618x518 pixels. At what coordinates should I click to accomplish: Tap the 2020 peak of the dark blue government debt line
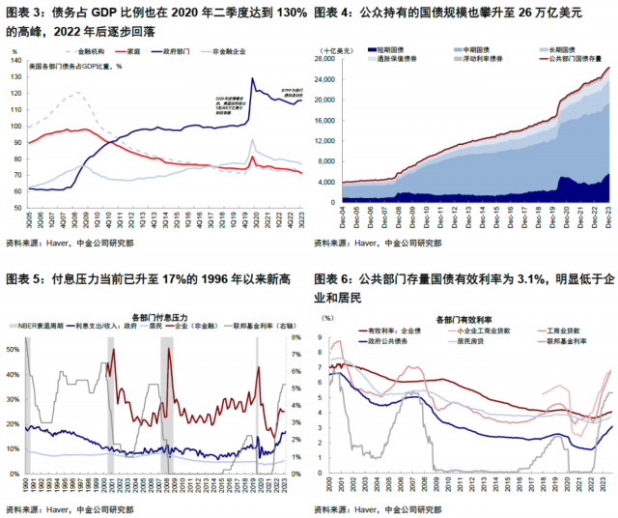[x=252, y=79]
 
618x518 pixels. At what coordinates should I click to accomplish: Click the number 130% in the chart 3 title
[x=289, y=12]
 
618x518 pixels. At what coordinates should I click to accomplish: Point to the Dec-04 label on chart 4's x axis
[x=345, y=208]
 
